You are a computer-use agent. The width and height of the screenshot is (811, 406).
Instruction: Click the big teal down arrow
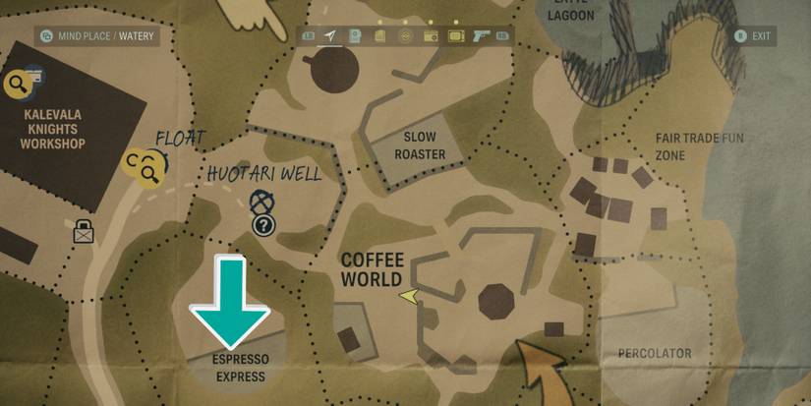[229, 301]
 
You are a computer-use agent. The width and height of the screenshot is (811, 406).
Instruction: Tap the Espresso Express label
[240, 367]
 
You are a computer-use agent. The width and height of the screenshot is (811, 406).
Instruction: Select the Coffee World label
[373, 269]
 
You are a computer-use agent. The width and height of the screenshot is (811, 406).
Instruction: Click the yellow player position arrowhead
[409, 294]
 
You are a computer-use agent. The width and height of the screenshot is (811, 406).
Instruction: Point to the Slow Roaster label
[420, 145]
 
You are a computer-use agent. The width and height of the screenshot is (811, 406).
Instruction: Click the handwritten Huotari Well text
[263, 174]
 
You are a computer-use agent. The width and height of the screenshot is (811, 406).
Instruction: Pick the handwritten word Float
[180, 138]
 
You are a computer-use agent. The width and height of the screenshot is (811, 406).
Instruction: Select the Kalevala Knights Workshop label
[54, 129]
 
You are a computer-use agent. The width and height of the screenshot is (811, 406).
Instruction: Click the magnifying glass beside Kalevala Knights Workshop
[17, 86]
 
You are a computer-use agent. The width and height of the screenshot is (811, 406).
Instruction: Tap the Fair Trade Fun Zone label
[699, 145]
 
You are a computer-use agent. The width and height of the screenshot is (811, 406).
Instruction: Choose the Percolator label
[655, 353]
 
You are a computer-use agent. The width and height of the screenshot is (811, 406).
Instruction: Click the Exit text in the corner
[761, 36]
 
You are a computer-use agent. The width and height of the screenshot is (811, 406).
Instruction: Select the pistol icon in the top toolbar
[481, 36]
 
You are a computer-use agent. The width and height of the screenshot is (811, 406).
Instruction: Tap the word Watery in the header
[136, 36]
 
